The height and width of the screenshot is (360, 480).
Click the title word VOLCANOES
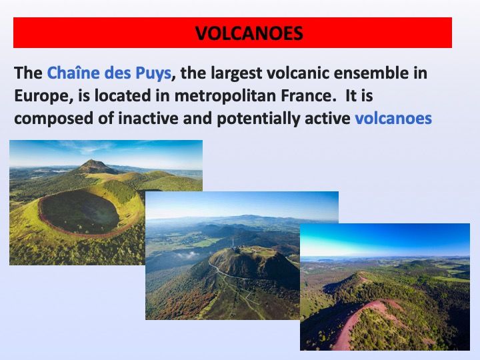click(x=249, y=33)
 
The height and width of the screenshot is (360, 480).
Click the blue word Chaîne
click(x=73, y=73)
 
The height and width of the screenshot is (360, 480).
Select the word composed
click(x=53, y=119)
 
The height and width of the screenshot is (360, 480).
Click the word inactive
click(x=148, y=118)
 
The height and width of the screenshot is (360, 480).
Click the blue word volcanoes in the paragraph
click(x=393, y=118)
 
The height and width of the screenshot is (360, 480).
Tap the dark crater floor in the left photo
click(x=79, y=213)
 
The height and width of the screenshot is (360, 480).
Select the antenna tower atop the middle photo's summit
click(x=233, y=242)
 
